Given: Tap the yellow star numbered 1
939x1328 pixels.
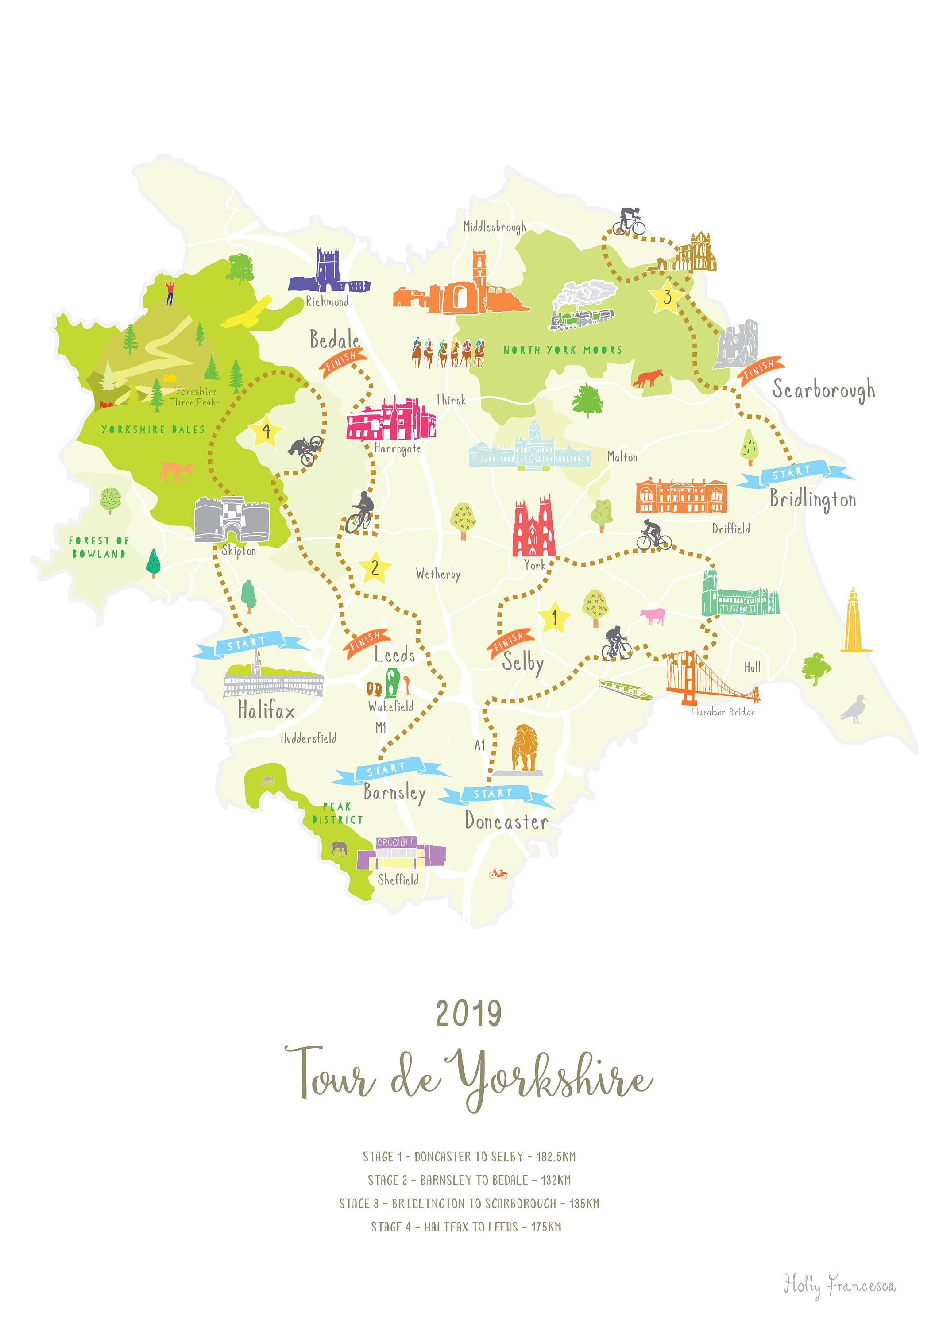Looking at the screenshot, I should [554, 618].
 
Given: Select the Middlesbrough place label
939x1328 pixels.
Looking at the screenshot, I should [494, 227].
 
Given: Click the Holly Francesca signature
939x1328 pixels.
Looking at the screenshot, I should [839, 1285].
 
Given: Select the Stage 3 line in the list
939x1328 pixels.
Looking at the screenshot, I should [469, 1204].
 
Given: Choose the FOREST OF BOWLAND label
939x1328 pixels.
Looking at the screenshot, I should [98, 547].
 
